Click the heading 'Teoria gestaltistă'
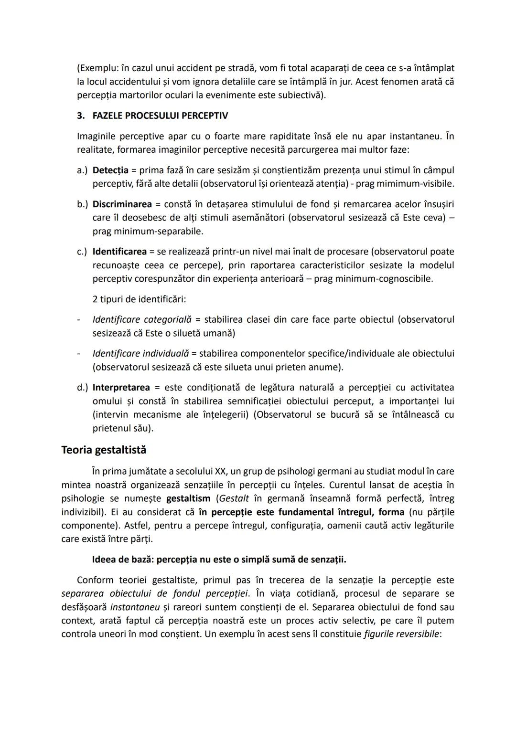click(x=104, y=450)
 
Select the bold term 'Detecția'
click(x=110, y=170)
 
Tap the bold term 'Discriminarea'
click(x=122, y=204)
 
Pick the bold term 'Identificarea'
click(x=119, y=252)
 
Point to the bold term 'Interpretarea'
click(x=121, y=388)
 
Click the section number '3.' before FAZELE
click(x=81, y=116)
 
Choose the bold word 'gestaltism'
click(x=188, y=499)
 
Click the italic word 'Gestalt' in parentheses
click(x=234, y=499)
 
